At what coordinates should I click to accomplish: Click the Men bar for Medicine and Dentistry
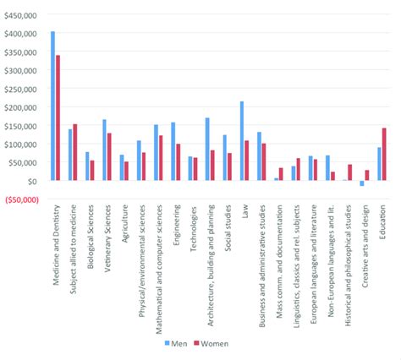tap(52, 106)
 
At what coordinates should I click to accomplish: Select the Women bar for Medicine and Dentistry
tap(58, 118)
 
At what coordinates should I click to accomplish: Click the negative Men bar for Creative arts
tap(361, 183)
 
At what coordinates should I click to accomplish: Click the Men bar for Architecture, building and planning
tap(206, 150)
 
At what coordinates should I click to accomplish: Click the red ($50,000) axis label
tap(20, 199)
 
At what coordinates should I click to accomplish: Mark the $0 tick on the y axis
tap(31, 181)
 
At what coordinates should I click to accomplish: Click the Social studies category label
tap(227, 229)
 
